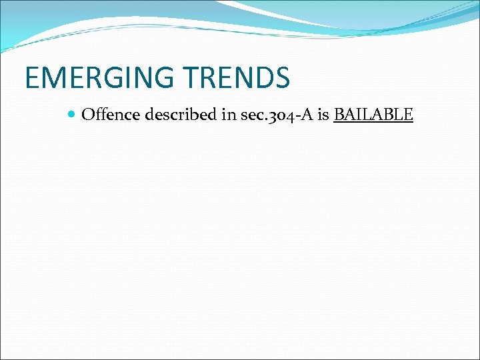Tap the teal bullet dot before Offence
72,115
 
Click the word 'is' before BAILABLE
323,115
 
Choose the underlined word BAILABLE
373,115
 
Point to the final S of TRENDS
282,77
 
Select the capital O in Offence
87,115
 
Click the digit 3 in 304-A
271,115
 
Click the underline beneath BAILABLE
373,122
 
